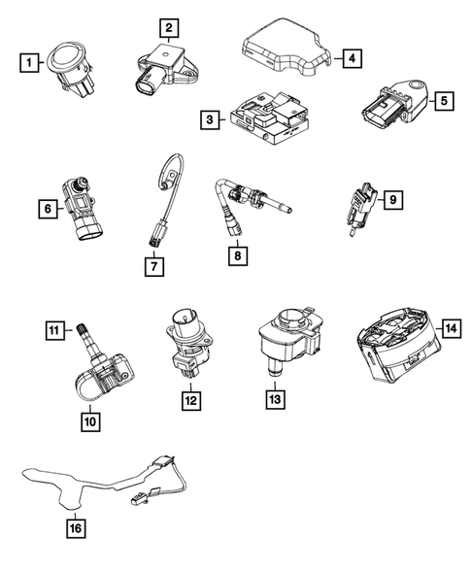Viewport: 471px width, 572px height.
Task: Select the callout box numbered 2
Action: (x=168, y=29)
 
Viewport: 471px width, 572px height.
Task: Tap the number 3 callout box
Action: (x=208, y=120)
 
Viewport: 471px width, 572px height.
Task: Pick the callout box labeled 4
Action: (x=352, y=58)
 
